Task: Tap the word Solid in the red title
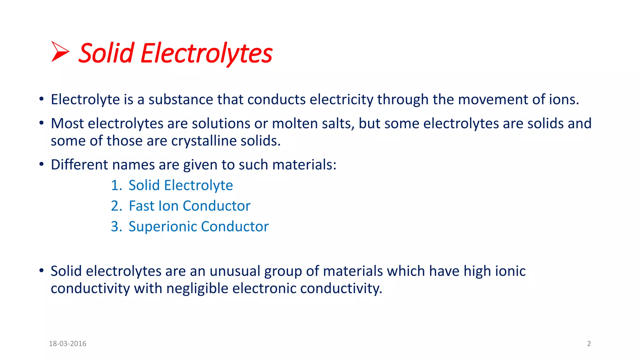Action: pyautogui.click(x=106, y=53)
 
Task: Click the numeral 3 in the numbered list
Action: pyautogui.click(x=115, y=227)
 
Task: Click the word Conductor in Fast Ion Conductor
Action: pyautogui.click(x=217, y=206)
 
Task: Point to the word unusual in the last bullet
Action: pyautogui.click(x=235, y=271)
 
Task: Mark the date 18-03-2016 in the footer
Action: pyautogui.click(x=67, y=344)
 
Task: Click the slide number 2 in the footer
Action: pyautogui.click(x=589, y=344)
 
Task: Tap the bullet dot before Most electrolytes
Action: pyautogui.click(x=41, y=123)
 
